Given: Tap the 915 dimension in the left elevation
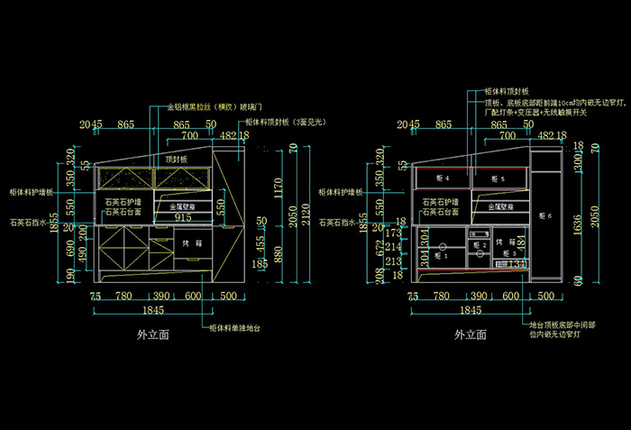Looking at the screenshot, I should click(x=183, y=217).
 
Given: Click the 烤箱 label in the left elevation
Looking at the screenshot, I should click(x=191, y=243).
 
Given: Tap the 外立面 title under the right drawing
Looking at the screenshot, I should click(x=470, y=334).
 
